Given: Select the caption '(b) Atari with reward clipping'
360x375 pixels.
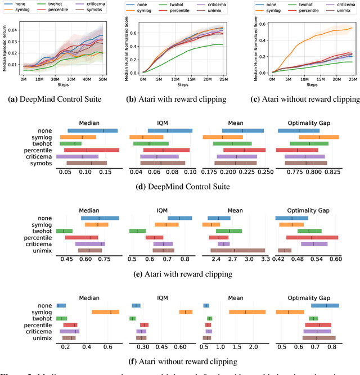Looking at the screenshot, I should click(x=179, y=100).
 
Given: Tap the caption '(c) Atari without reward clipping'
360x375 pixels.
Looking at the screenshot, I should click(x=301, y=100).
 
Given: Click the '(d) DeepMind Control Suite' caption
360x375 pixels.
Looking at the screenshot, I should click(x=180, y=186).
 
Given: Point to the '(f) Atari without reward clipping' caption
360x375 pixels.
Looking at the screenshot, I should click(x=180, y=361).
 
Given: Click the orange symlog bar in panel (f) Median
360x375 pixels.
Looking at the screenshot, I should click(x=105, y=312).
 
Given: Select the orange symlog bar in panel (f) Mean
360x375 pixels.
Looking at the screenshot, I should click(x=247, y=312).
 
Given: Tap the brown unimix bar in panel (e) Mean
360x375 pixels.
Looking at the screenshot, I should click(x=237, y=250).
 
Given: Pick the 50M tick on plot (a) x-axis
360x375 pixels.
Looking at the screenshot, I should click(x=103, y=80).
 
